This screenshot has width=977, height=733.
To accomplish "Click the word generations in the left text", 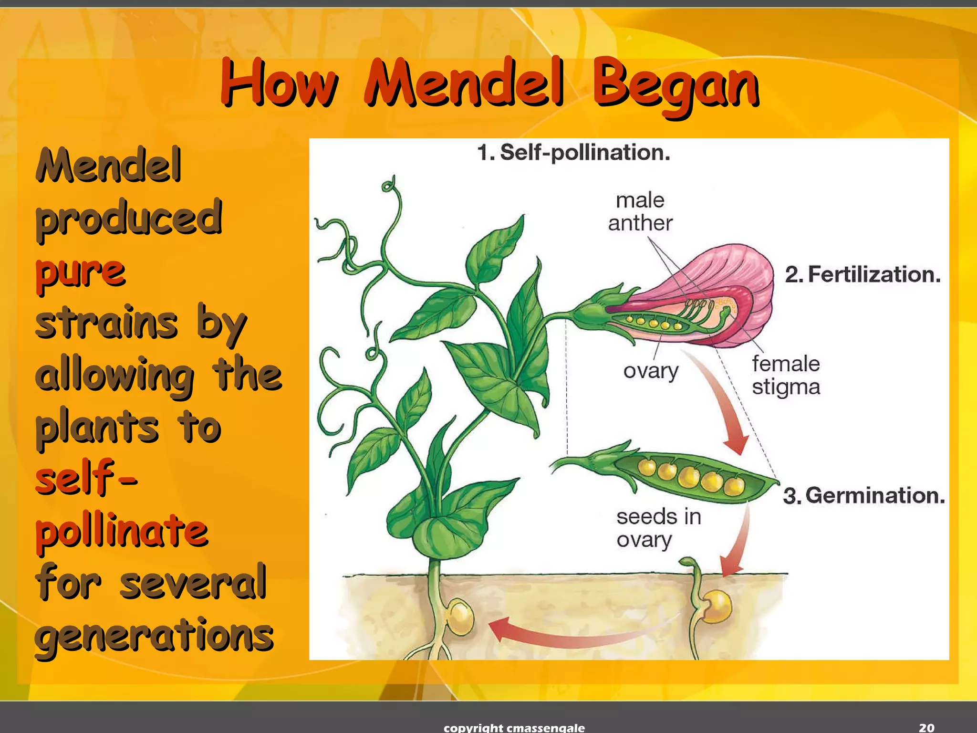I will pos(154,636).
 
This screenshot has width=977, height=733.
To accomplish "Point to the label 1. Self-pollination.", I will pos(573,153).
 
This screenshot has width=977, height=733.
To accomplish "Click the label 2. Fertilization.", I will pos(863,274).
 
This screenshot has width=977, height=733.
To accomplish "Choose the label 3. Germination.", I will pos(863,495).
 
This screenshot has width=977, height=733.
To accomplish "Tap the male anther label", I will pos(640,212).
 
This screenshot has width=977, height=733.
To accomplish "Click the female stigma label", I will pos(786,375).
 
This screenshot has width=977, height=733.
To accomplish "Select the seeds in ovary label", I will pos(658,528).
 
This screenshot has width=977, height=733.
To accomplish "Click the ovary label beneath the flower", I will pos(651,371).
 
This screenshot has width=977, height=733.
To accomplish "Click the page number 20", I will pos(926,727).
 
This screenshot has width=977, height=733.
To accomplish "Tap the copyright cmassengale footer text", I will pos(514,727).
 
